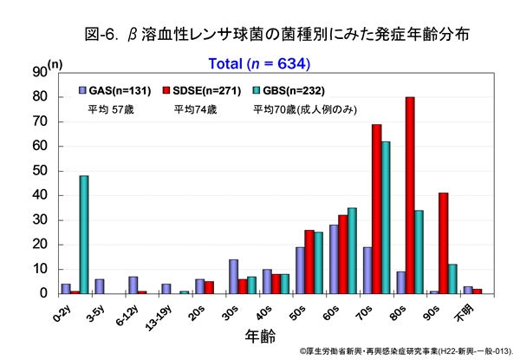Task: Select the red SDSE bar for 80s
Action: coord(410,195)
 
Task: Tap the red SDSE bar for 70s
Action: coord(377,208)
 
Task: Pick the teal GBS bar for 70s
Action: coord(387,217)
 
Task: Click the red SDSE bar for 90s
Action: coord(443,243)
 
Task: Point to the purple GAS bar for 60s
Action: coord(334,259)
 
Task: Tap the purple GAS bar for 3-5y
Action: coord(99,286)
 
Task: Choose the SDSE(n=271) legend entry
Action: coord(198,90)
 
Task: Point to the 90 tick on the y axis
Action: coord(38,73)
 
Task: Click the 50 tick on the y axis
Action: coord(38,171)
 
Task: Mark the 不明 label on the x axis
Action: coord(468,310)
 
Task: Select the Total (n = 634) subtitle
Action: coord(259,63)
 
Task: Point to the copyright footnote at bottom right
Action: coord(406,351)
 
